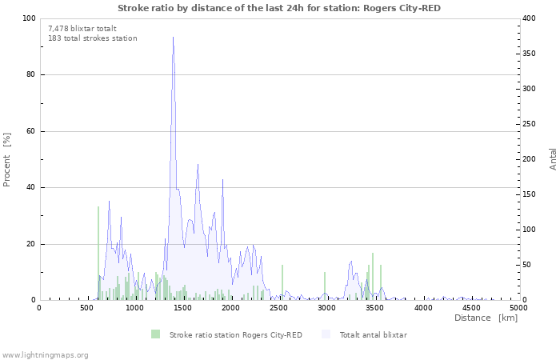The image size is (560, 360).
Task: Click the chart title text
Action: [x=279, y=8]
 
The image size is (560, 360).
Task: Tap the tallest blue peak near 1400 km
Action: [x=174, y=37]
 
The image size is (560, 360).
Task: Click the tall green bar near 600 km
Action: [x=98, y=253]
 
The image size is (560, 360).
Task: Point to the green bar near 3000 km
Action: [x=325, y=286]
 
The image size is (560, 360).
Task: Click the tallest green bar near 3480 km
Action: [x=373, y=276]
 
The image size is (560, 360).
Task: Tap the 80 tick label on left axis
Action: [x=30, y=74]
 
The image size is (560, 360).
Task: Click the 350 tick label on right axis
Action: [x=530, y=54]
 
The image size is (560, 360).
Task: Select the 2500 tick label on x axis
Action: [x=278, y=308]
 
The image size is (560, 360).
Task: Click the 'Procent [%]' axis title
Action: [x=6, y=160]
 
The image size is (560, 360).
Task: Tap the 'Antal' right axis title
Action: [x=553, y=159]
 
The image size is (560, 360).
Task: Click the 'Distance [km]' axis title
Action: [x=486, y=318]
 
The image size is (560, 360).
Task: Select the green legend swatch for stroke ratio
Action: [x=155, y=334]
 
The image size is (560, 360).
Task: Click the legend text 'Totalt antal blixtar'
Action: [x=374, y=335]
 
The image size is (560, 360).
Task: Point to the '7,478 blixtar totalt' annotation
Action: [x=82, y=29]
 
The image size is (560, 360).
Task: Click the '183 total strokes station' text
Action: [x=93, y=38]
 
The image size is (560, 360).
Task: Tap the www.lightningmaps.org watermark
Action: [x=44, y=355]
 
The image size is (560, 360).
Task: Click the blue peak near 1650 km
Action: [x=198, y=165]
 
